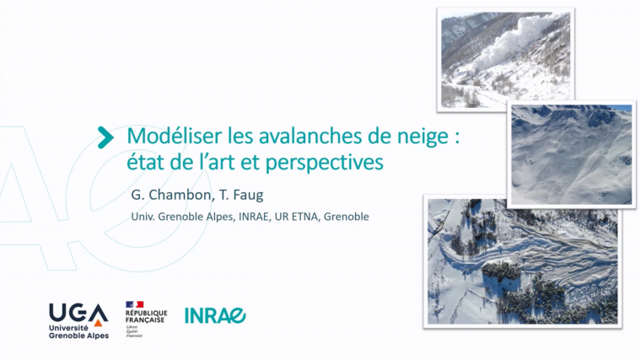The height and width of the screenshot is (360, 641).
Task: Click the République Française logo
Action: click(145, 318)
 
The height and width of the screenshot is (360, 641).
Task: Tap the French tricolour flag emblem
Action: click(134, 304)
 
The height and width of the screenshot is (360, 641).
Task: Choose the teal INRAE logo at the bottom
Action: click(215, 315)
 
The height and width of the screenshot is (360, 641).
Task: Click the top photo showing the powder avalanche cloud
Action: click(504, 59)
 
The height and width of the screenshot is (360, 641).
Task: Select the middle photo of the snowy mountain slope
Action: click(570, 154)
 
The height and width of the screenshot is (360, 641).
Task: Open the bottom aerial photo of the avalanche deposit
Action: click(521, 261)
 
